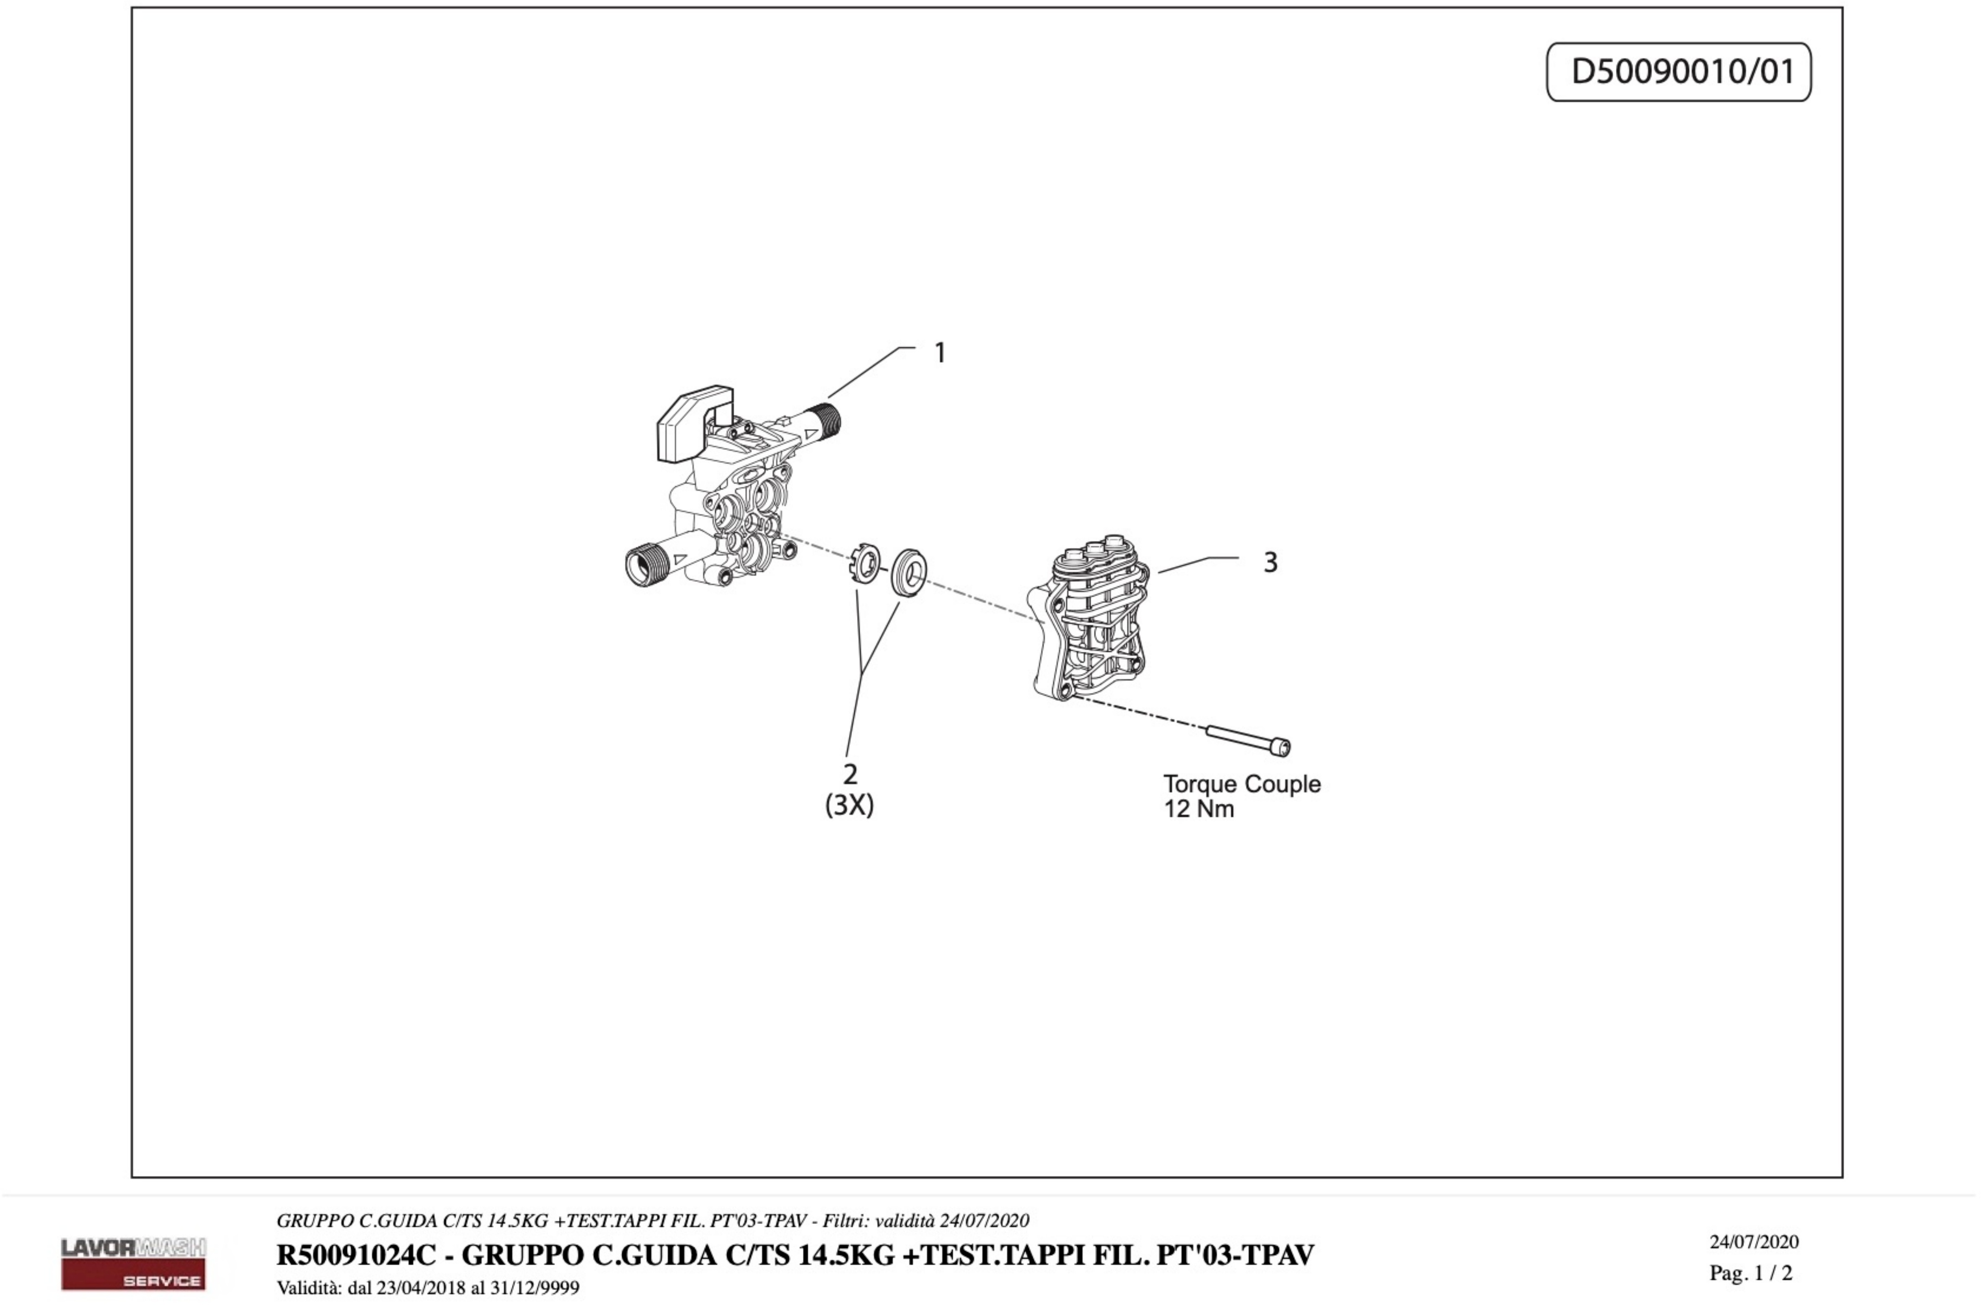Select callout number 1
(x=940, y=353)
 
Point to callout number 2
(x=850, y=774)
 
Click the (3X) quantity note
(x=849, y=806)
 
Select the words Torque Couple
(x=1241, y=784)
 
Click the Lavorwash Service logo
(x=133, y=1262)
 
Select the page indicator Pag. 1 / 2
(x=1750, y=1273)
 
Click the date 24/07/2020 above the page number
(x=1754, y=1242)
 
